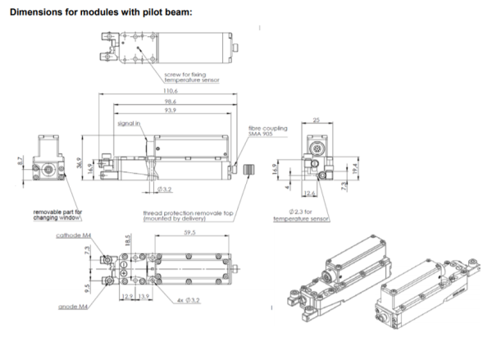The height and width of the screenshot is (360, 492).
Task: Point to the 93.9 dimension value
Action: tap(171, 111)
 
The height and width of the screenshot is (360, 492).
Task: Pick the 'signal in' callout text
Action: tap(130, 123)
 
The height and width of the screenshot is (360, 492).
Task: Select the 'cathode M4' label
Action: tap(75, 235)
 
